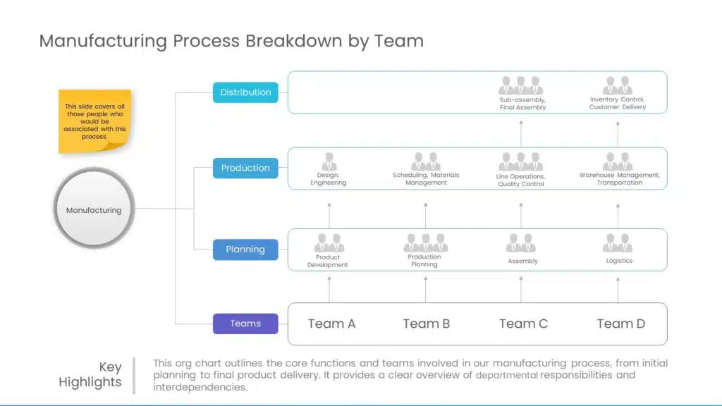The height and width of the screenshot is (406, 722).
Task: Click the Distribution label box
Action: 245,92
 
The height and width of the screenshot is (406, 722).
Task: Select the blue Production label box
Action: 245,168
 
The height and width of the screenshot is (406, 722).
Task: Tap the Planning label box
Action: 245,250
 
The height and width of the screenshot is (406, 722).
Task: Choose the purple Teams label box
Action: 245,324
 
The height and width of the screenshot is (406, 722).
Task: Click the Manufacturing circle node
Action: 94,209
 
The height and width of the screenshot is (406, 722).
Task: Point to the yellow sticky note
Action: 94,121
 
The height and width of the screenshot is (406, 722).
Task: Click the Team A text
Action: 331,324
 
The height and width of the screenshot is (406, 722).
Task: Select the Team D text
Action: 620,324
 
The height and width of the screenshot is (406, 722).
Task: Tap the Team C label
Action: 523,324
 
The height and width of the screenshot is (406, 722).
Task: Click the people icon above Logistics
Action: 618,243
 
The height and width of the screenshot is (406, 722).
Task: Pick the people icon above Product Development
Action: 329,243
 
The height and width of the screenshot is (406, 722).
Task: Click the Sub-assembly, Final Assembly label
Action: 522,104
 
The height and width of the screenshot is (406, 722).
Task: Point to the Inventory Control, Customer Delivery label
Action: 618,103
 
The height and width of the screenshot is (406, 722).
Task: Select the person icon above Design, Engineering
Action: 329,161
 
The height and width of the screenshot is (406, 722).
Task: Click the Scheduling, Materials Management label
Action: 426,178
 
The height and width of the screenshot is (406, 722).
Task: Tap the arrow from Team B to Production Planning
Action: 425,289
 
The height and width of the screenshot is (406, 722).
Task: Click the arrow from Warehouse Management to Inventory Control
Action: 618,133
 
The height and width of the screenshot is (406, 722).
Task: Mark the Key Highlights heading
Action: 90,374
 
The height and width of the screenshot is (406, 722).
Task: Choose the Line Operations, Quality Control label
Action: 521,180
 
